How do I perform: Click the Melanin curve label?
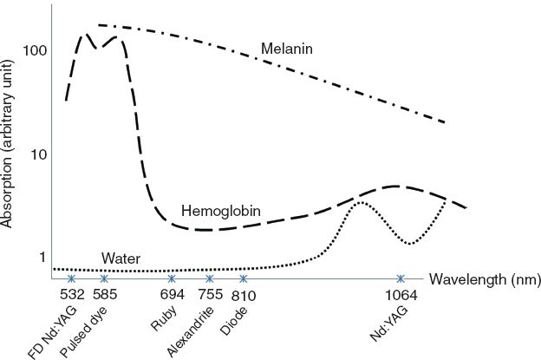286,49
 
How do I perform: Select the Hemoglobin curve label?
221,212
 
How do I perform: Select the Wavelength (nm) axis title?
485,279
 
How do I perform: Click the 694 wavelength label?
172,296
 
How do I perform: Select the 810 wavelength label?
244,296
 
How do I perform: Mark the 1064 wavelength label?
401,296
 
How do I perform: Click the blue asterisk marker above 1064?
401,278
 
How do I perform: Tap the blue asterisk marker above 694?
172,278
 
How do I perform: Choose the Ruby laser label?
163,321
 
